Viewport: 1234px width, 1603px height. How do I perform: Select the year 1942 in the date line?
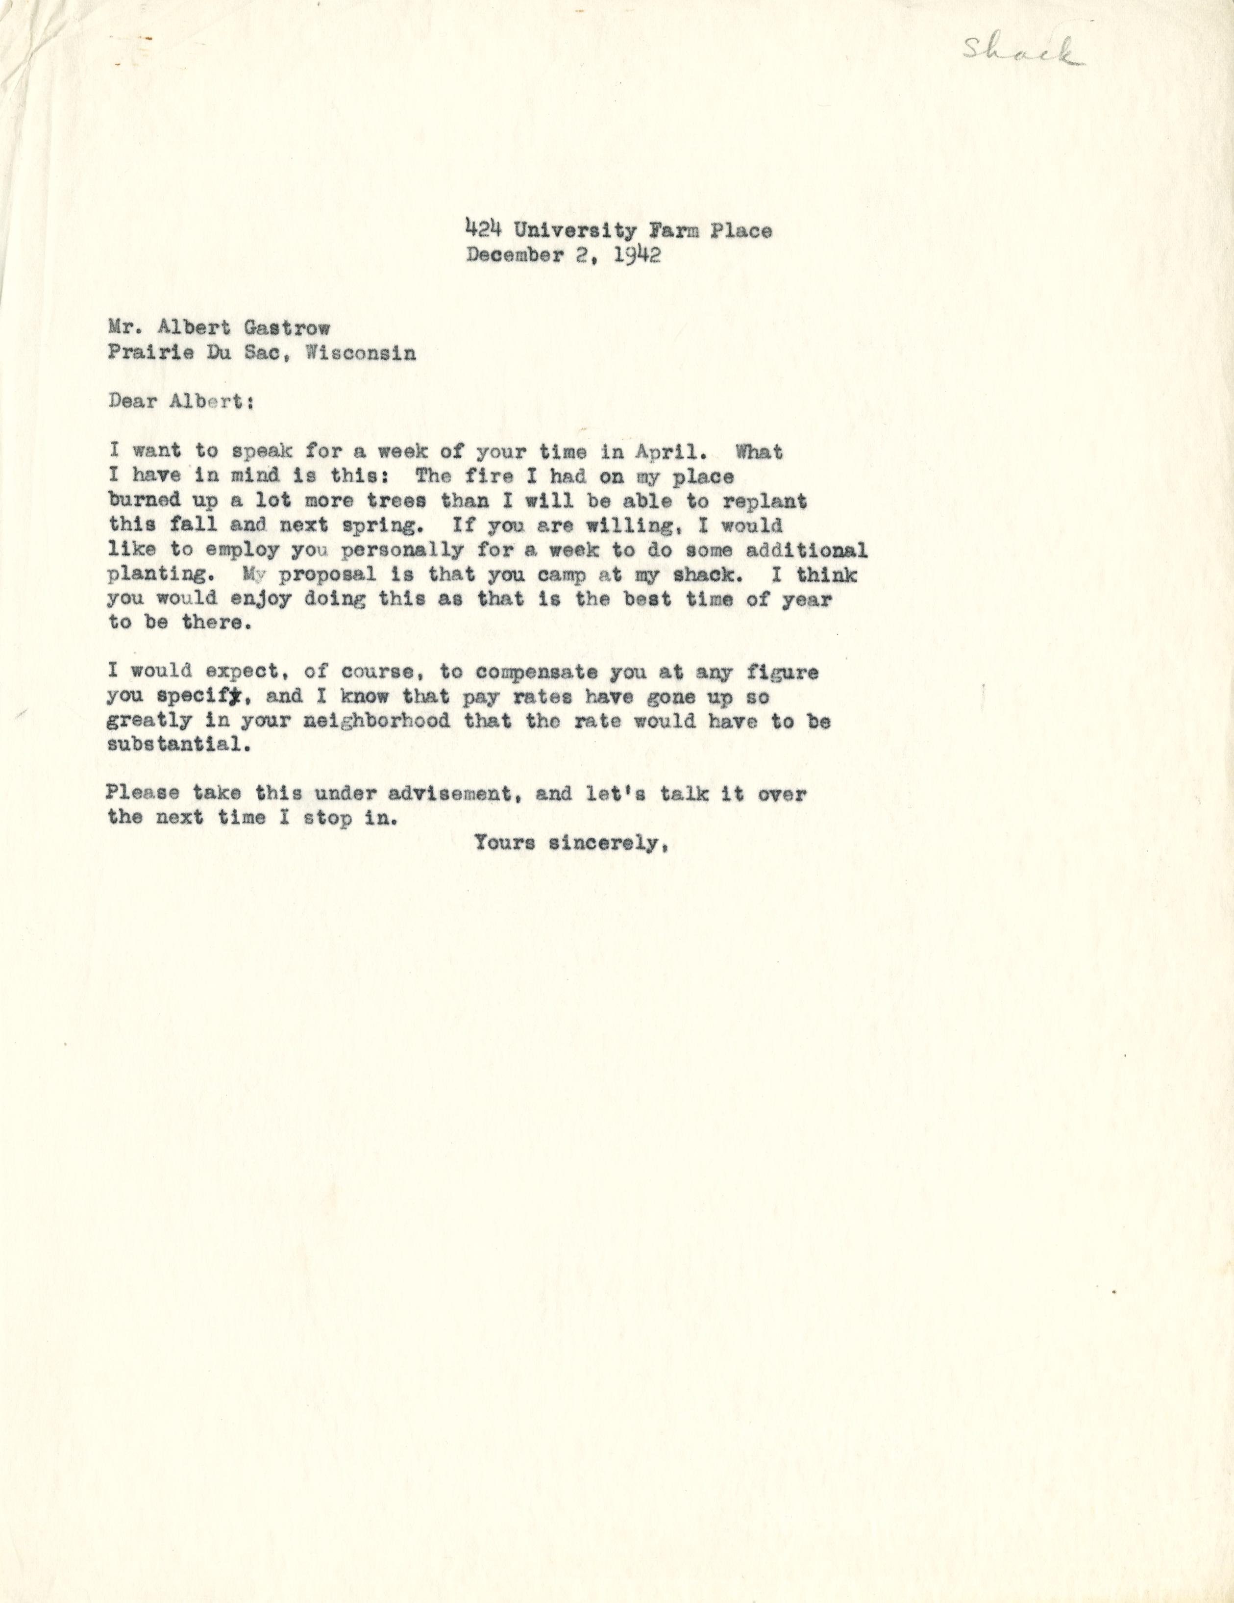click(638, 255)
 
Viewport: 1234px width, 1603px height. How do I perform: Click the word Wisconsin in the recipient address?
click(360, 353)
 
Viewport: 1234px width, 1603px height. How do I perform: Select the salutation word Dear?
click(132, 402)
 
